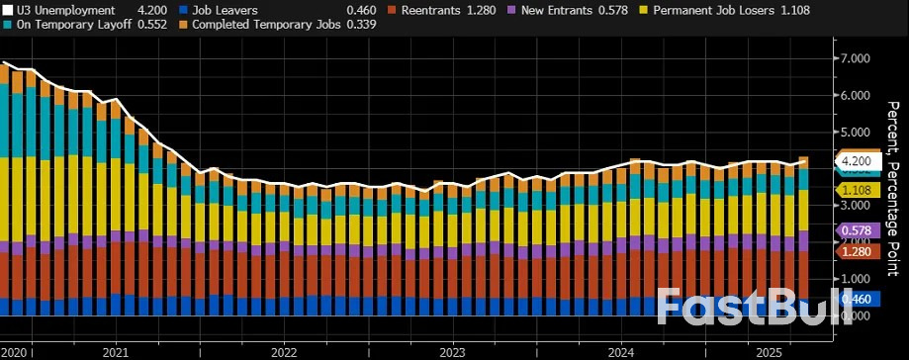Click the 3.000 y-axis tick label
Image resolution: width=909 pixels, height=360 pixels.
pyautogui.click(x=854, y=205)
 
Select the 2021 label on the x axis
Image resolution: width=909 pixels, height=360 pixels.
pyautogui.click(x=115, y=352)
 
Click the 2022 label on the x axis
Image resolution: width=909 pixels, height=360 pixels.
pyautogui.click(x=284, y=352)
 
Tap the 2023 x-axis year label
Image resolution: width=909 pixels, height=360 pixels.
pyautogui.click(x=452, y=352)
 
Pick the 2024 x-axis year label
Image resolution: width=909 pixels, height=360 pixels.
pyautogui.click(x=621, y=352)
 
